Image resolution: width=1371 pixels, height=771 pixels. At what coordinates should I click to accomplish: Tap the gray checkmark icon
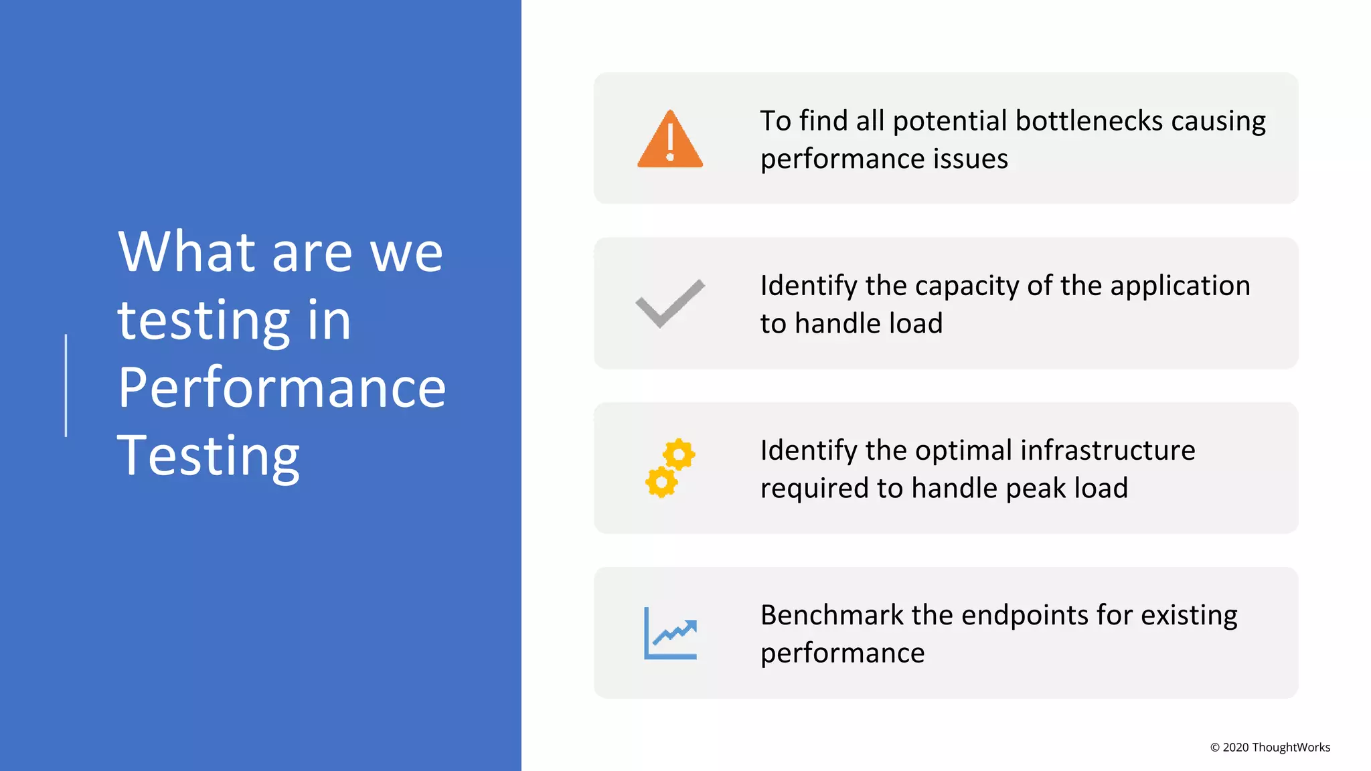(669, 303)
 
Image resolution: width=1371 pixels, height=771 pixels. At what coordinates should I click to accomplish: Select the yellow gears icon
(670, 468)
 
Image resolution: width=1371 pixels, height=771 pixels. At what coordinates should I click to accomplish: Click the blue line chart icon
(670, 633)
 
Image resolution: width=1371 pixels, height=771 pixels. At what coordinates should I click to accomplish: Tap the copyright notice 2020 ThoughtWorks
(1270, 748)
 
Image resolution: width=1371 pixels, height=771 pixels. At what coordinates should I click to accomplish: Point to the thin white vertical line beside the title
(66, 385)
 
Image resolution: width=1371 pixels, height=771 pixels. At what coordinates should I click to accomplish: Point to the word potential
(949, 121)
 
